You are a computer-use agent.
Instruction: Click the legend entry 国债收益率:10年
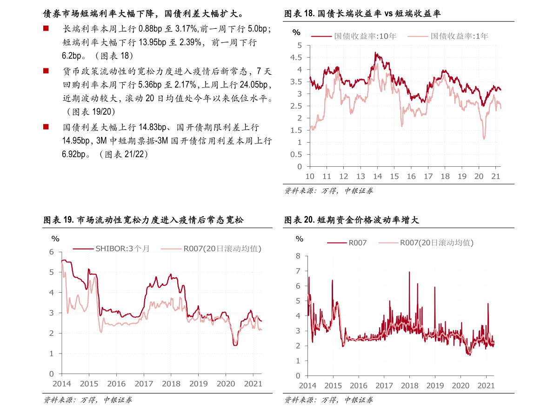tap(354, 36)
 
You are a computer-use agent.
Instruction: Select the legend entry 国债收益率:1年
tap(448, 36)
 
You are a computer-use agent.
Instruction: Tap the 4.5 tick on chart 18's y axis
tap(296, 58)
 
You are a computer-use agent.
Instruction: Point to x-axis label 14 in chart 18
tap(377, 177)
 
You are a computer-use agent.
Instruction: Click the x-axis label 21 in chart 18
tap(496, 177)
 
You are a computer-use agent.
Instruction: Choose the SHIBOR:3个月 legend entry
tap(111, 249)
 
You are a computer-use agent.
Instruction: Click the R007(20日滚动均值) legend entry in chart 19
tap(211, 249)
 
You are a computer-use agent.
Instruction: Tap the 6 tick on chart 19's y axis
tap(52, 252)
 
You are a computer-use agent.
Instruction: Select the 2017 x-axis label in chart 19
tap(144, 384)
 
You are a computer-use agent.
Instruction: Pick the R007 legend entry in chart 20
tap(347, 243)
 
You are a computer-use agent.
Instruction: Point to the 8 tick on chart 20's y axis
tap(298, 256)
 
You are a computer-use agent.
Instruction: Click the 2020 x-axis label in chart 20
tap(461, 386)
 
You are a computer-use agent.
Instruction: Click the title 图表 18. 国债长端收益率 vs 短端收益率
tap(362, 14)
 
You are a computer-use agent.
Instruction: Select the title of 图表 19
tap(143, 220)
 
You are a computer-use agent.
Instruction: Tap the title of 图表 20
tap(352, 220)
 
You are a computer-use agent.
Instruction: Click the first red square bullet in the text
tap(46, 28)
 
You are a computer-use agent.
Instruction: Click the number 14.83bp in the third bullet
tap(153, 127)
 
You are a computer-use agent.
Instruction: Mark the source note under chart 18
tap(328, 191)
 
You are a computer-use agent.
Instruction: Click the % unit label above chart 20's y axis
tap(300, 239)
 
